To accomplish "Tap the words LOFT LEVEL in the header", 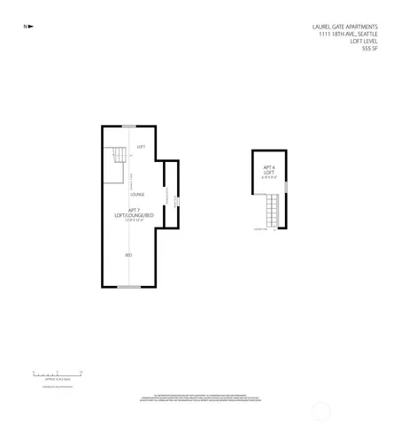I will coord(364,42).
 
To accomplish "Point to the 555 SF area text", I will coord(370,50).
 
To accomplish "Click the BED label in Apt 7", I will coord(129,255).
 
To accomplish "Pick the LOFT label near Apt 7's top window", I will coord(141,147).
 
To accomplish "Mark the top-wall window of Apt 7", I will coord(129,127).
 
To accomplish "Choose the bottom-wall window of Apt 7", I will coord(129,287).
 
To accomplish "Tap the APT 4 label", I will coord(268,167).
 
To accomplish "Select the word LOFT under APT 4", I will coord(268,173).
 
